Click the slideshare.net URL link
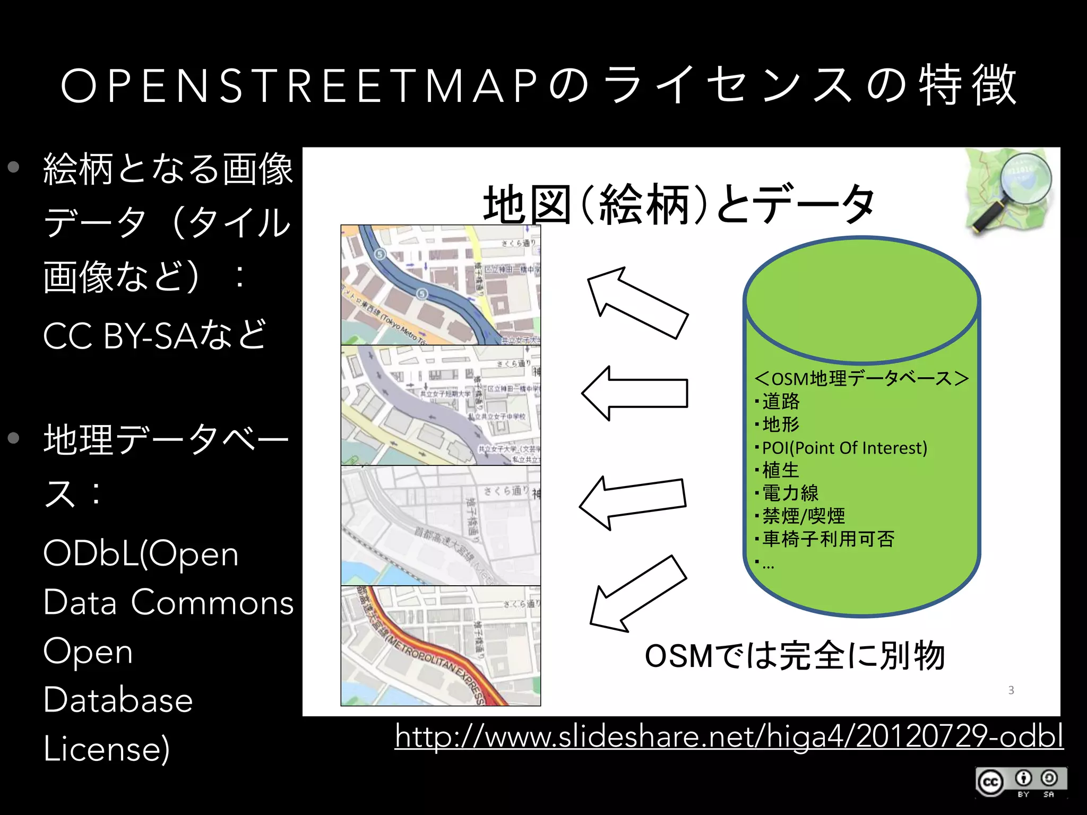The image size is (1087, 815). tap(729, 738)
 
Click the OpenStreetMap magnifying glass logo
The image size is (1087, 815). tap(1008, 191)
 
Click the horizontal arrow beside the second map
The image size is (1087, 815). tap(635, 393)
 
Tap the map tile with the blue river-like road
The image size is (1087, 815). tap(441, 285)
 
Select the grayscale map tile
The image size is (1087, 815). tap(441, 525)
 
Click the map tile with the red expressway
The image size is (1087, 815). tap(441, 646)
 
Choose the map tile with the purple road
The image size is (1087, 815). tap(441, 405)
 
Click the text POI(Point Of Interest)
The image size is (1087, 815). tap(844, 448)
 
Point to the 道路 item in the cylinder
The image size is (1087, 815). tap(780, 402)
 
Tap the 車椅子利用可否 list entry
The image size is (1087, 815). tap(828, 539)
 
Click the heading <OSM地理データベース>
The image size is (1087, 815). tap(861, 379)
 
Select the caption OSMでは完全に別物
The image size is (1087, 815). tap(795, 656)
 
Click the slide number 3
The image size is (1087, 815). tap(1011, 690)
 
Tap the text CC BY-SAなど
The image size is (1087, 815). tap(154, 335)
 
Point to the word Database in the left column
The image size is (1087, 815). tap(118, 700)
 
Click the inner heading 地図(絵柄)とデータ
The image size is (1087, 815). tap(679, 204)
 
